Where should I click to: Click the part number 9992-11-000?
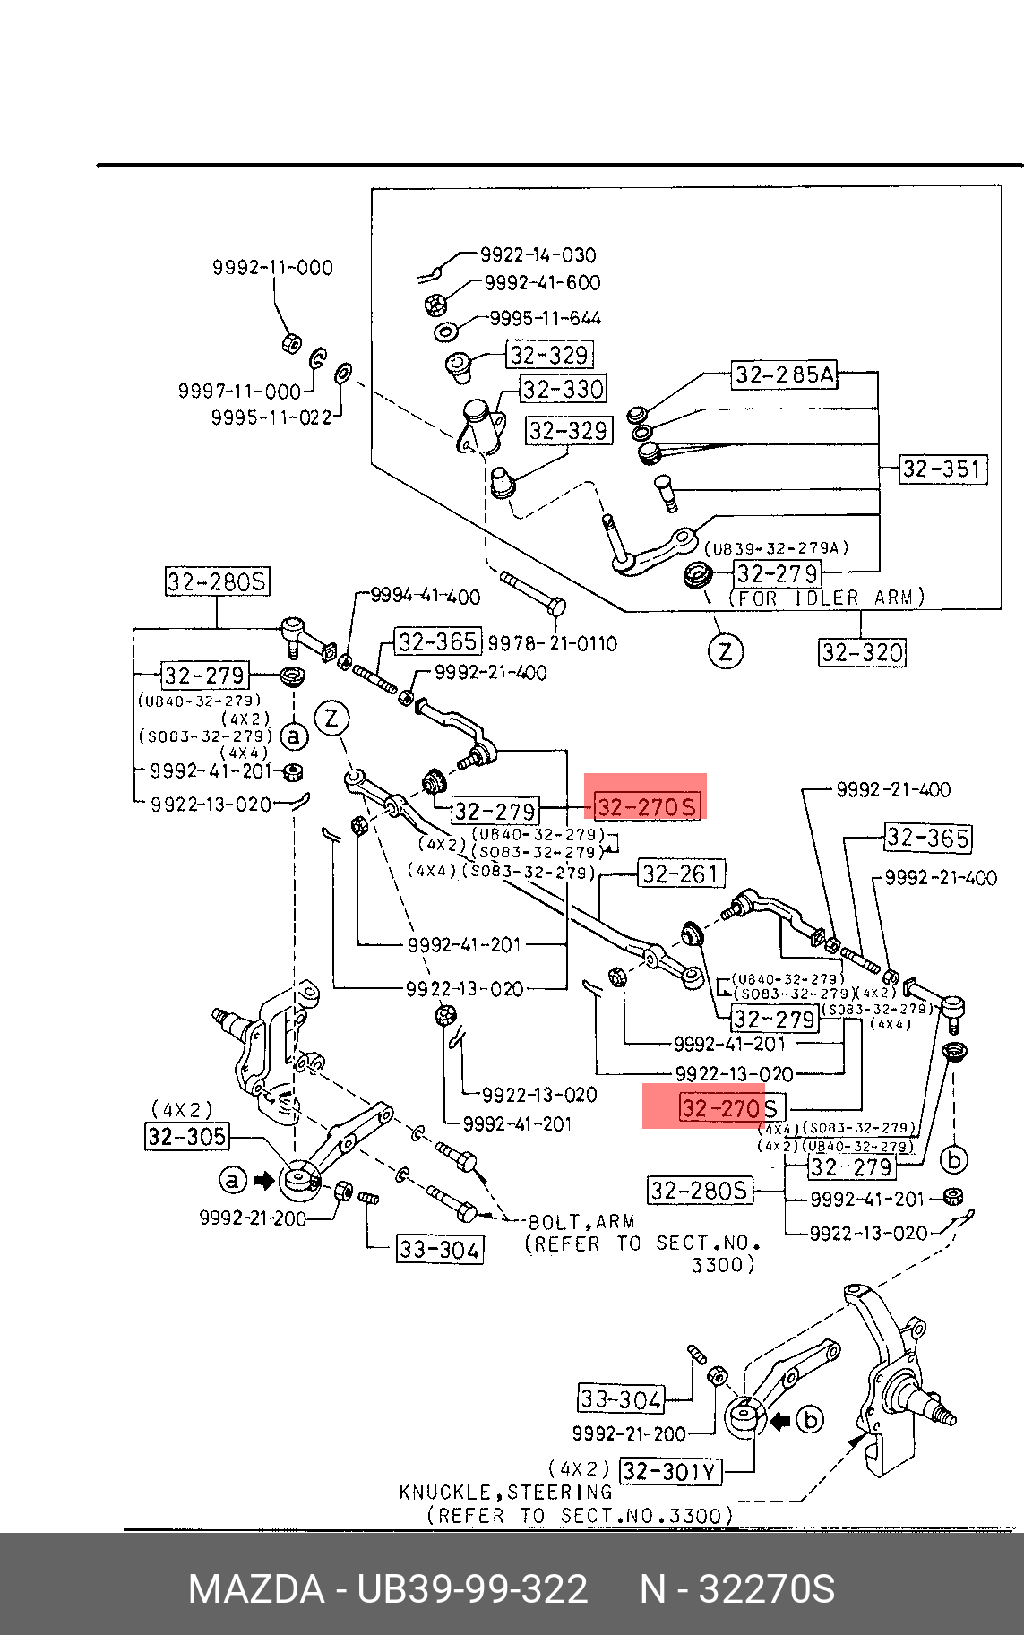pyautogui.click(x=272, y=267)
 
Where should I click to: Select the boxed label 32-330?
pyautogui.click(x=564, y=389)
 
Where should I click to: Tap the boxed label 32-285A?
pyautogui.click(x=785, y=374)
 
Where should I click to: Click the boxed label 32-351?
pyautogui.click(x=942, y=469)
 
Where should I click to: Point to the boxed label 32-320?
pyautogui.click(x=862, y=652)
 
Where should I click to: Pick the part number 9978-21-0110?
pyautogui.click(x=552, y=643)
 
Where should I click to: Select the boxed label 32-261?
pyautogui.click(x=681, y=873)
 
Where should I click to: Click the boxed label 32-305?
pyautogui.click(x=187, y=1137)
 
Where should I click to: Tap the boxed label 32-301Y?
pyautogui.click(x=670, y=1471)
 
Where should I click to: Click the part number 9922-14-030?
pyautogui.click(x=538, y=255)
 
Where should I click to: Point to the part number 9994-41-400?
pyautogui.click(x=426, y=597)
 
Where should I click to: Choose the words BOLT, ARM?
pyautogui.click(x=581, y=1222)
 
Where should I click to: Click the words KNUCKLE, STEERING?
pyautogui.click(x=505, y=1493)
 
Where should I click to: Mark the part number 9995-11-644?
pyautogui.click(x=545, y=318)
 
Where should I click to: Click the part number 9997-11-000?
pyautogui.click(x=239, y=391)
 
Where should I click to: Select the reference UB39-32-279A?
pyautogui.click(x=776, y=548)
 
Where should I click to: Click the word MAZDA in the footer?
pyautogui.click(x=256, y=1589)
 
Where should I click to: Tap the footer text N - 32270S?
pyautogui.click(x=736, y=1589)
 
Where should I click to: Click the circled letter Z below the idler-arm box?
pyautogui.click(x=726, y=650)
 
